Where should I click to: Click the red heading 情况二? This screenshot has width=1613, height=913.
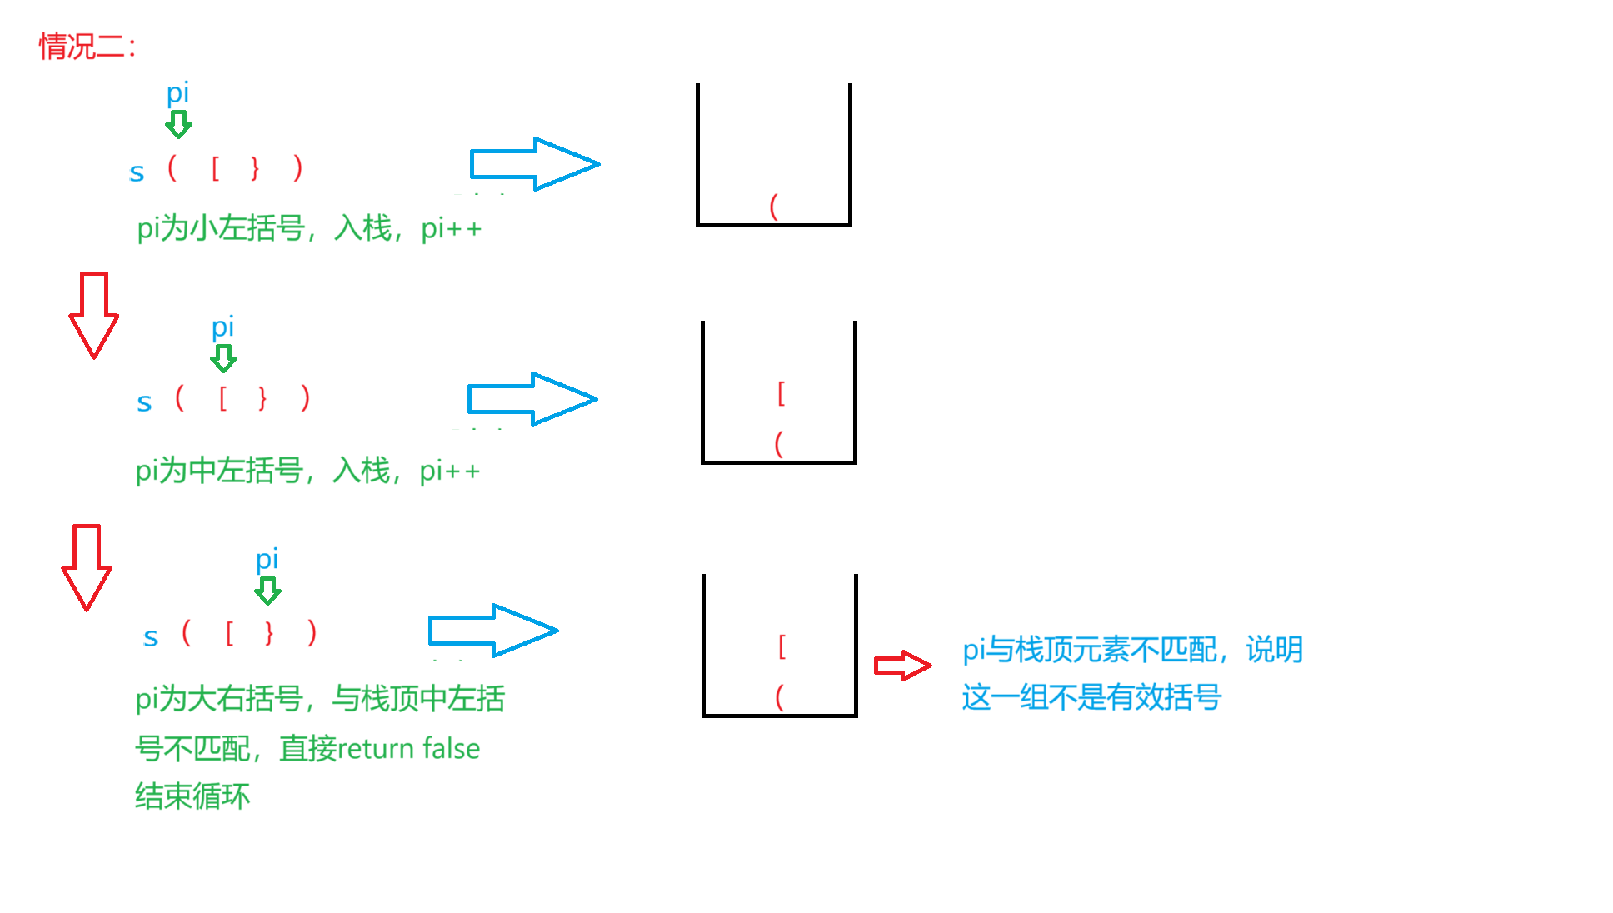tap(87, 47)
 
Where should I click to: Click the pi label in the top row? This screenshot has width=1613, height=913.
tap(177, 92)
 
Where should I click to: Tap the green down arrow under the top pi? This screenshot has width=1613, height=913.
tap(178, 125)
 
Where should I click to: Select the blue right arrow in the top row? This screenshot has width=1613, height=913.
tap(534, 164)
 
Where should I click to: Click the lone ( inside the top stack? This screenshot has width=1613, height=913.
tap(774, 206)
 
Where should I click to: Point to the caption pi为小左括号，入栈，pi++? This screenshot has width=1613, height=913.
tap(309, 228)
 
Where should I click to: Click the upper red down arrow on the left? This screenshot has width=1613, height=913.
tap(93, 315)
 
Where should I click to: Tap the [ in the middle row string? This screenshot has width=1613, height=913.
tap(222, 398)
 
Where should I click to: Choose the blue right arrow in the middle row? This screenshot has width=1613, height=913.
tap(532, 399)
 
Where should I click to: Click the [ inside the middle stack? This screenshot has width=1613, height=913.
tap(781, 392)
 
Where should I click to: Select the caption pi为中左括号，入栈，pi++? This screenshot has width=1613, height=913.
tap(307, 471)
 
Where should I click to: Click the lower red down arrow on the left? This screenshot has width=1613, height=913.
tap(87, 567)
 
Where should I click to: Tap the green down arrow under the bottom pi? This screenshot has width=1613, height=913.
tap(267, 591)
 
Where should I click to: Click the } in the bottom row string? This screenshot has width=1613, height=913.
tap(268, 633)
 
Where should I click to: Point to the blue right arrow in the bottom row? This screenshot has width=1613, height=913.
tap(492, 631)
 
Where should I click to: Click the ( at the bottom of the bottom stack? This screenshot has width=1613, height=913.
tap(780, 696)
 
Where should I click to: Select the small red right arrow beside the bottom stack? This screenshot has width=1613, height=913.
tap(902, 666)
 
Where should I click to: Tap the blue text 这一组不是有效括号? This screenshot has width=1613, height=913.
tap(1091, 697)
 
